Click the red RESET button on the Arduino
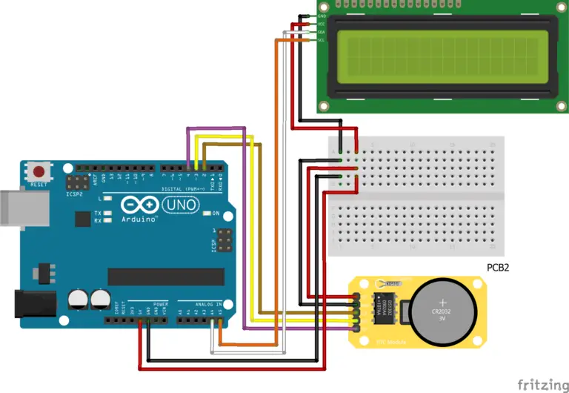tap(38, 172)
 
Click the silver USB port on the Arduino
tap(22, 207)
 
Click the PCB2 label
tap(498, 267)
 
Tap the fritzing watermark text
tap(538, 383)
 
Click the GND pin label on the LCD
tap(322, 16)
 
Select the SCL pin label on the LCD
tap(322, 39)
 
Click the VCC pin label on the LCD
tap(322, 24)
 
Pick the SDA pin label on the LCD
tap(322, 32)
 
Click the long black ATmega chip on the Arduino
tap(166, 277)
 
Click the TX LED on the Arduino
tap(107, 214)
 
